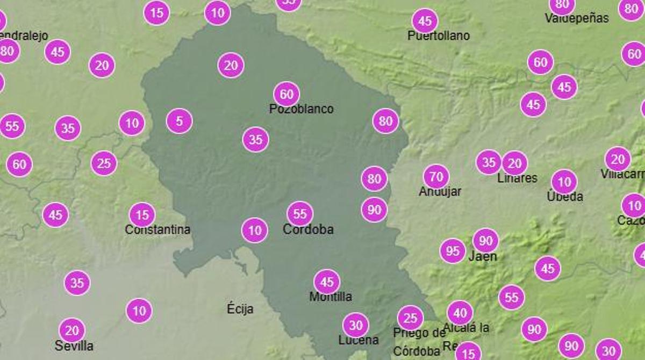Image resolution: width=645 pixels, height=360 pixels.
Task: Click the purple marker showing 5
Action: [179, 121]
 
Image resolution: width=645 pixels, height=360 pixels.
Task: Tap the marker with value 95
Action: [453, 251]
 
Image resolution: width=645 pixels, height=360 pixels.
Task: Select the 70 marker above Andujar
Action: [436, 176]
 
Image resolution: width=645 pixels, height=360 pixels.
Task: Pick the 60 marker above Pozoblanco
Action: [286, 95]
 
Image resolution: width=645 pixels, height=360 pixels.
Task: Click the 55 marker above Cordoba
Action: [300, 214]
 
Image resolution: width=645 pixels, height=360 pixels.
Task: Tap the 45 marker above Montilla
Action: [327, 282]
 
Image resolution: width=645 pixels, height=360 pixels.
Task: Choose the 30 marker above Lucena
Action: [356, 325]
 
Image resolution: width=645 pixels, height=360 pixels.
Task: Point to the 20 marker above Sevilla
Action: [72, 330]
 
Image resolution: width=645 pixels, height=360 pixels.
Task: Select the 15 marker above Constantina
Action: [142, 215]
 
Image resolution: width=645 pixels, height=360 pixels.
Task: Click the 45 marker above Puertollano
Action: [425, 21]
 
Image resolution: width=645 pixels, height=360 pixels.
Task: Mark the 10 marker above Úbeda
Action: [564, 182]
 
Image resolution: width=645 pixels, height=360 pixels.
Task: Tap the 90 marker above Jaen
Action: [486, 241]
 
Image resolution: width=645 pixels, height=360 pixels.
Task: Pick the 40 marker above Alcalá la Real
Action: [460, 313]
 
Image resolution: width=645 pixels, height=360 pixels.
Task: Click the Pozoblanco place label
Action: [301, 109]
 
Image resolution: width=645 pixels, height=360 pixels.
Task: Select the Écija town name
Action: [240, 309]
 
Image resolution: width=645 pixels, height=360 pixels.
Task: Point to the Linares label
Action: [517, 178]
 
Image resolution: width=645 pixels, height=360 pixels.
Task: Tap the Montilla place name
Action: [331, 297]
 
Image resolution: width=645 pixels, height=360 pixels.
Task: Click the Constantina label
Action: [157, 229]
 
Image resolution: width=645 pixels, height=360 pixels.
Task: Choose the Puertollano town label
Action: [439, 36]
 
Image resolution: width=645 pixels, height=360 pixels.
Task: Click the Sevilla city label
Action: [74, 345]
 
